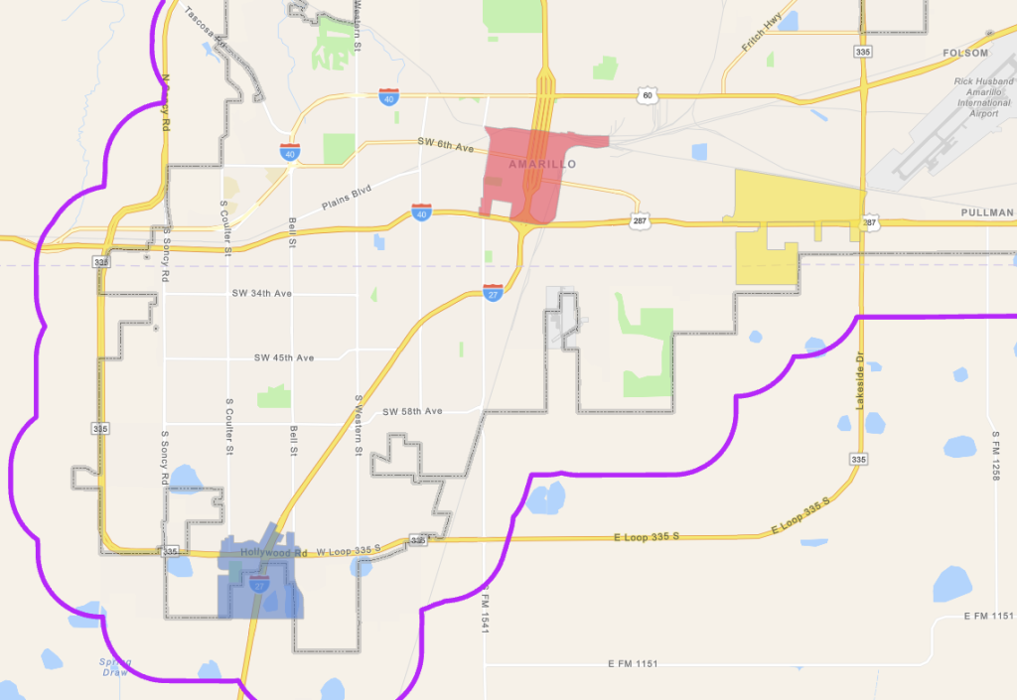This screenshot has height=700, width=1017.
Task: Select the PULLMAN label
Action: coord(987,212)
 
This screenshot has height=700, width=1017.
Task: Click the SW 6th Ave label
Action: coord(446,146)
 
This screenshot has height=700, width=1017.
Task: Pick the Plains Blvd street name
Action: coord(346,199)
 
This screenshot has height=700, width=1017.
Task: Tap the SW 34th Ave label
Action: coord(261,294)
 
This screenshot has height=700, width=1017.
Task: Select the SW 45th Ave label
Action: coord(284,357)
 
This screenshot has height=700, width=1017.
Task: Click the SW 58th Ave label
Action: coord(412,411)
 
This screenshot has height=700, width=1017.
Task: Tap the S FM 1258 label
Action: coord(994,456)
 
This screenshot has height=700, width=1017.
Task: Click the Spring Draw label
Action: coord(114,666)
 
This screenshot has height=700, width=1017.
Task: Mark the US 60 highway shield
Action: coord(648,95)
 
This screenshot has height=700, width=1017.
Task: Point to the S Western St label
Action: coord(357,426)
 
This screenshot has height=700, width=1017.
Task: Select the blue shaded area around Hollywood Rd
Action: coord(260,586)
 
